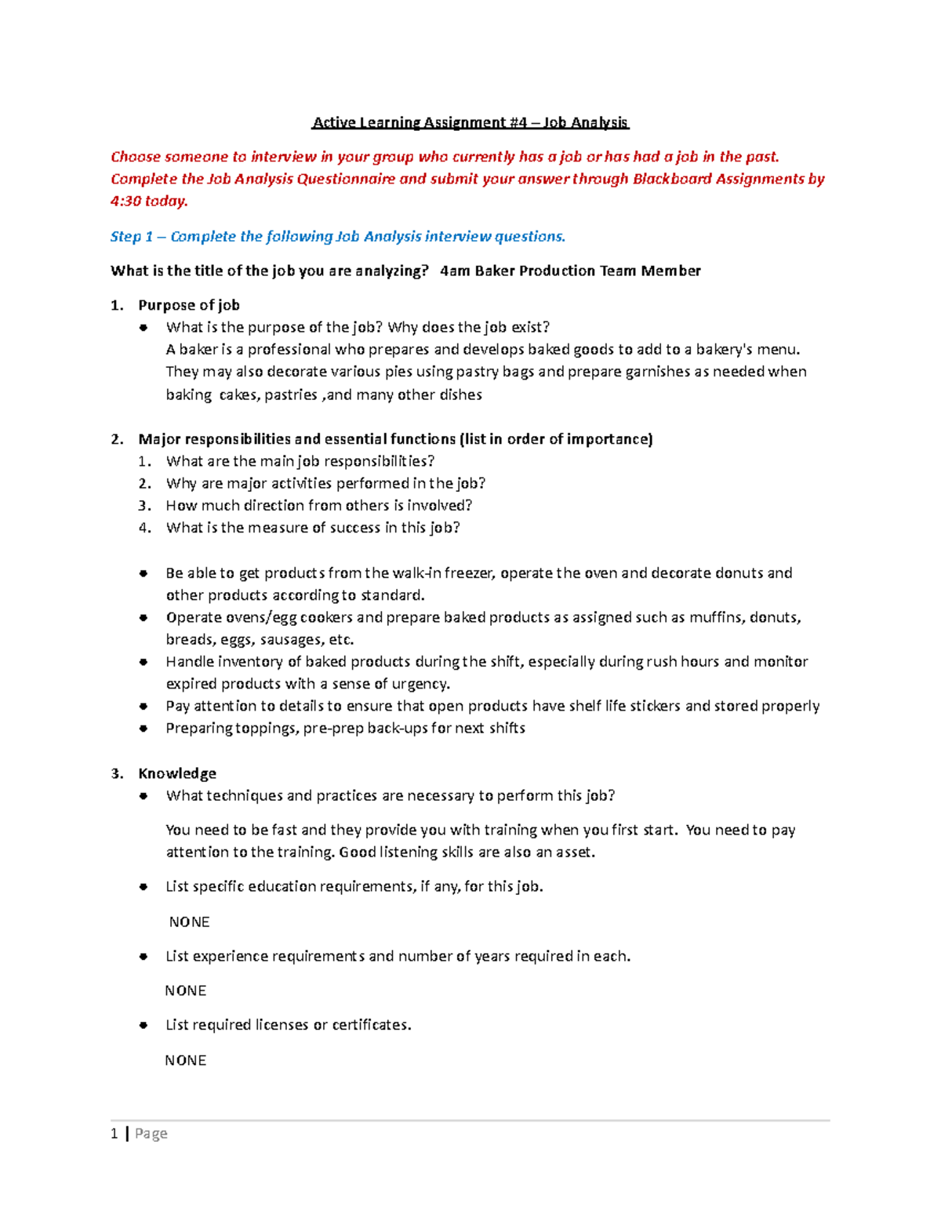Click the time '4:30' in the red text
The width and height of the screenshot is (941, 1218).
[x=125, y=201]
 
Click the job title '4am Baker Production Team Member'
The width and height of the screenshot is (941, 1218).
[x=570, y=271]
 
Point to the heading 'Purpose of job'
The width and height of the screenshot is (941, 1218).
[x=189, y=305]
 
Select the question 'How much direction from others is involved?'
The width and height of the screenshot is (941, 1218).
[x=319, y=505]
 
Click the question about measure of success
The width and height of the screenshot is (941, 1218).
[x=313, y=527]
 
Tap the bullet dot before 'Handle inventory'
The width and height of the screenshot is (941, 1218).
[x=144, y=662]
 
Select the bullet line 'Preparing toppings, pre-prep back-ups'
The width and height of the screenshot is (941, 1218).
[x=345, y=728]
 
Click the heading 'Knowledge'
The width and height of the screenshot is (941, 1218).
[x=177, y=773]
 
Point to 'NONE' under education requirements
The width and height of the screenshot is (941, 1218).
[x=189, y=922]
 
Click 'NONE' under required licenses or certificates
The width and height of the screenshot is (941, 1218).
[x=186, y=1060]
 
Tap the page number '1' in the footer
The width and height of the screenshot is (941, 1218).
[x=114, y=1133]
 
